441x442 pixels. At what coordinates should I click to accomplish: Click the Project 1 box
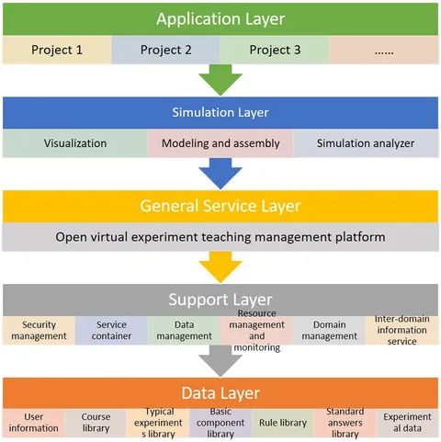pyautogui.click(x=57, y=50)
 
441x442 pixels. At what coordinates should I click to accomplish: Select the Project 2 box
pyautogui.click(x=165, y=50)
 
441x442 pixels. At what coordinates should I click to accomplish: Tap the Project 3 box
pyautogui.click(x=275, y=50)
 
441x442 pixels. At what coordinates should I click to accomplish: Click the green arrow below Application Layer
pyautogui.click(x=220, y=79)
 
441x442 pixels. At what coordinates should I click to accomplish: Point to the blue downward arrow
pyautogui.click(x=220, y=173)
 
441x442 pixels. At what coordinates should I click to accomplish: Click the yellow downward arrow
pyautogui.click(x=220, y=266)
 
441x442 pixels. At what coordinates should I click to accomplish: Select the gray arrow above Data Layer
pyautogui.click(x=220, y=361)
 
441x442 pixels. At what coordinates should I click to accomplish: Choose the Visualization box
pyautogui.click(x=75, y=143)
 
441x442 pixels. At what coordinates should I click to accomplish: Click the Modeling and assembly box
pyautogui.click(x=220, y=143)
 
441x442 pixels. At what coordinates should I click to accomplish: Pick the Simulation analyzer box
pyautogui.click(x=366, y=143)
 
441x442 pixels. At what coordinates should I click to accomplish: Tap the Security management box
pyautogui.click(x=39, y=331)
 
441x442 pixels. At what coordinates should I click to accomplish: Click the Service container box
pyautogui.click(x=111, y=331)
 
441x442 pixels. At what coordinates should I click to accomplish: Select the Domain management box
pyautogui.click(x=329, y=331)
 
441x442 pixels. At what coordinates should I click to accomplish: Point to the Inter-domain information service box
pyautogui.click(x=401, y=331)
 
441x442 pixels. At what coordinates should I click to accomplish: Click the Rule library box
pyautogui.click(x=283, y=423)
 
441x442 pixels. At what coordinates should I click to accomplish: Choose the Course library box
pyautogui.click(x=96, y=423)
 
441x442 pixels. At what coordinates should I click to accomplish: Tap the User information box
pyautogui.click(x=34, y=423)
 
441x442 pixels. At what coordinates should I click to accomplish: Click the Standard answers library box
pyautogui.click(x=345, y=423)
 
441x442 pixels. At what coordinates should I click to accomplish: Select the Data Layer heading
pyautogui.click(x=220, y=393)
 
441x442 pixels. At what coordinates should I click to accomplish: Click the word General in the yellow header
pyautogui.click(x=169, y=206)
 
